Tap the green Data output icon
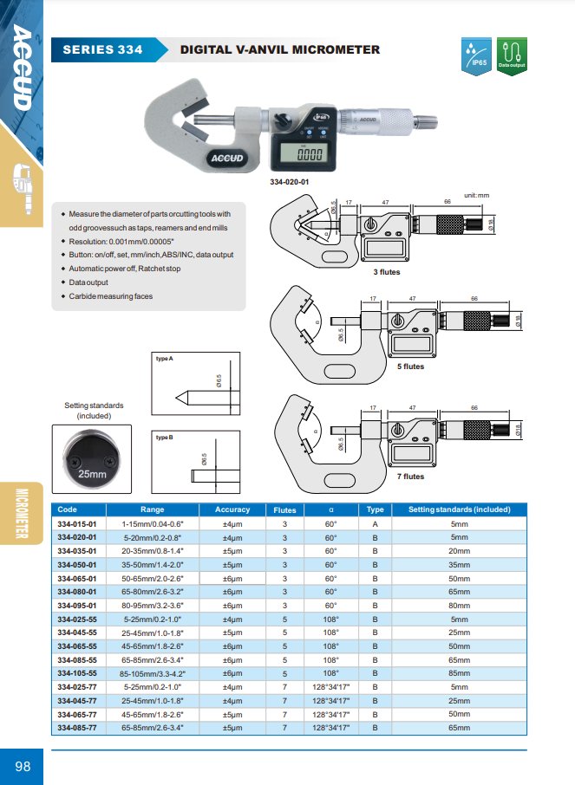[512, 57]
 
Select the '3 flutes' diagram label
[386, 272]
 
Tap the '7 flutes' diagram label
[410, 477]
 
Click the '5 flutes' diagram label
[410, 367]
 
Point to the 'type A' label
[165, 358]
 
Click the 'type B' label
[165, 438]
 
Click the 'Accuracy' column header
[232, 510]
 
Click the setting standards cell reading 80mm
[459, 605]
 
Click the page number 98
[23, 766]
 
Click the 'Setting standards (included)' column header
[459, 510]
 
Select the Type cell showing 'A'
[375, 524]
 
